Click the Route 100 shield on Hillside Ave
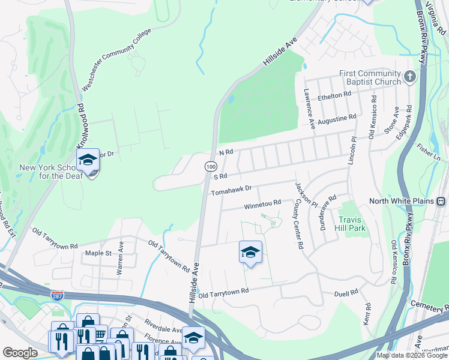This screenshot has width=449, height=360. pos(210,166)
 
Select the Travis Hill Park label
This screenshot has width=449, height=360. pos(351,224)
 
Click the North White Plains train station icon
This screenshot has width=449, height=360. pos(441,201)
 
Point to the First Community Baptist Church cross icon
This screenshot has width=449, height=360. pos(409,77)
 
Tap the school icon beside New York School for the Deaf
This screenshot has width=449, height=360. pos(88,160)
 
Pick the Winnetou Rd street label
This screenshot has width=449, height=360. pos(262,205)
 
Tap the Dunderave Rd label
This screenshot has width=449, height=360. pos(324,208)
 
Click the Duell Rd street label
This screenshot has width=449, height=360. pos(346,292)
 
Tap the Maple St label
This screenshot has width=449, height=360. pos(99,254)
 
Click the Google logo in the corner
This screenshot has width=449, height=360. pos(20,353)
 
